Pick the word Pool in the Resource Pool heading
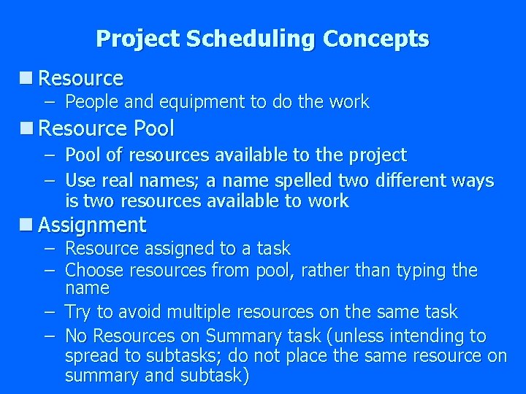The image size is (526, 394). (x=153, y=129)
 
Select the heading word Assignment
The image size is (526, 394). (x=92, y=225)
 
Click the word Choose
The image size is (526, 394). (x=94, y=271)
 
